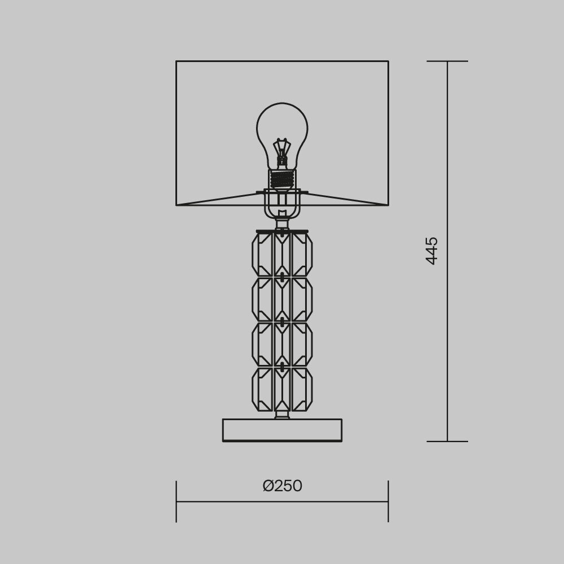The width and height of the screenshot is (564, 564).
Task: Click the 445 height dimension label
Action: click(431, 251)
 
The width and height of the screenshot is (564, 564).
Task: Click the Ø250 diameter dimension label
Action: click(282, 486)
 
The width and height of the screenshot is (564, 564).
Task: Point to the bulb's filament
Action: click(282, 149)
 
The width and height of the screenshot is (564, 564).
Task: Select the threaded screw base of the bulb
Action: click(282, 179)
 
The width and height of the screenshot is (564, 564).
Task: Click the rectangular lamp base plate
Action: click(282, 430)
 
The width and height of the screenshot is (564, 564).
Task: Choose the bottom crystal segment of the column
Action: click(282, 389)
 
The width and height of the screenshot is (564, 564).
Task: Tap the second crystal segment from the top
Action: click(282, 299)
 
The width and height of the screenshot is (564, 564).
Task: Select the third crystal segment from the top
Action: click(282, 344)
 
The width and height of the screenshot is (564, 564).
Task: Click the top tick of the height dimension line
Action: click(447, 61)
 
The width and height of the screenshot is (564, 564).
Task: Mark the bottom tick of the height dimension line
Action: click(447, 441)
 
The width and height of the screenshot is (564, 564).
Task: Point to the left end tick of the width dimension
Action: click(177, 501)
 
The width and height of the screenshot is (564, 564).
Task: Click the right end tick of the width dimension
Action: click(388, 501)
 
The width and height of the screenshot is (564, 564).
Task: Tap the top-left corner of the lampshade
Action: click(177, 61)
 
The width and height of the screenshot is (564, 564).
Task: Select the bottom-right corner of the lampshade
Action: click(388, 205)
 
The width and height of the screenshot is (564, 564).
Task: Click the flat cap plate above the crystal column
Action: click(282, 231)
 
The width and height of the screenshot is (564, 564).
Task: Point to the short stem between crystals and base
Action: click(282, 415)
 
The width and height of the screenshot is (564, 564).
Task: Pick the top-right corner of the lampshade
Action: click(388, 61)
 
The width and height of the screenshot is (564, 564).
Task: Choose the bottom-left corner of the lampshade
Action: click(177, 205)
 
